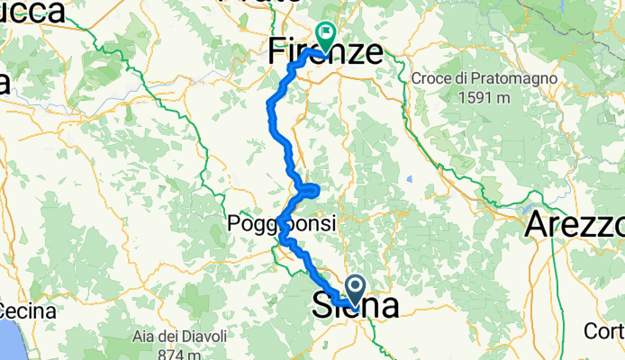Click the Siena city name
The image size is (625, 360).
(x=356, y=306)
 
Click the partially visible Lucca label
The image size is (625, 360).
(x=32, y=12)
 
